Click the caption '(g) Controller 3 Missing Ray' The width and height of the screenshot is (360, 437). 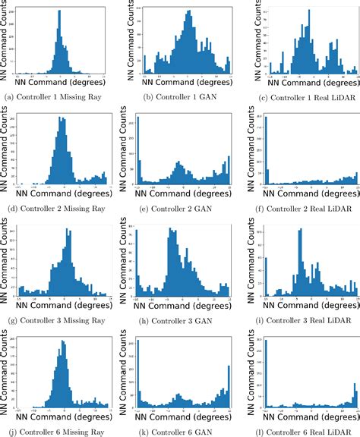52,320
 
